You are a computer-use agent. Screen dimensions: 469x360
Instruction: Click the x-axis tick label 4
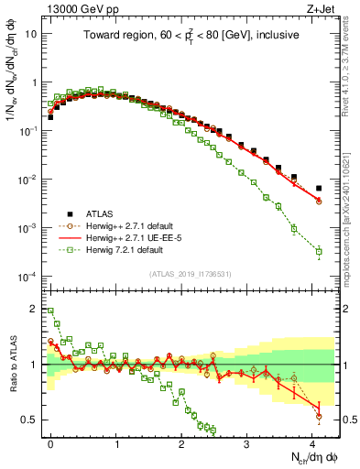[313, 442]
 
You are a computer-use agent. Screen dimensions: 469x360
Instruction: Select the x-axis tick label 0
[50, 442]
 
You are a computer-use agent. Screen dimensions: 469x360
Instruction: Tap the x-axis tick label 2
[182, 442]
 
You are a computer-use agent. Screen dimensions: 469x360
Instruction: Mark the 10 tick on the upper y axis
[31, 33]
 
